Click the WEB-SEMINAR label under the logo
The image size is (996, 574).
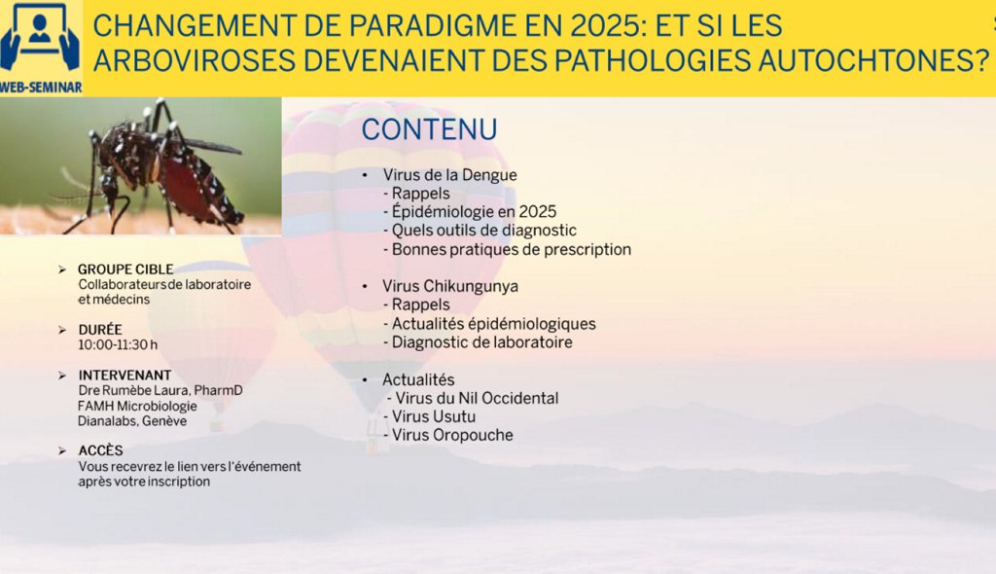click(x=41, y=88)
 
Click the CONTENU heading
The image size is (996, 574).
click(x=429, y=129)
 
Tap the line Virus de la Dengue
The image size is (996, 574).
click(x=449, y=175)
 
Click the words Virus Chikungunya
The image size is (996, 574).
click(x=450, y=286)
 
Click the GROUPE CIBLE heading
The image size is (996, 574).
click(x=125, y=269)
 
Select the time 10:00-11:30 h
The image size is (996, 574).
click(x=118, y=344)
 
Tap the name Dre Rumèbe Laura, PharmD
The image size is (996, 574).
click(x=160, y=390)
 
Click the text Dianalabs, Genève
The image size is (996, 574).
click(x=132, y=421)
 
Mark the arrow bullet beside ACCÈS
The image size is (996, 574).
click(x=62, y=450)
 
